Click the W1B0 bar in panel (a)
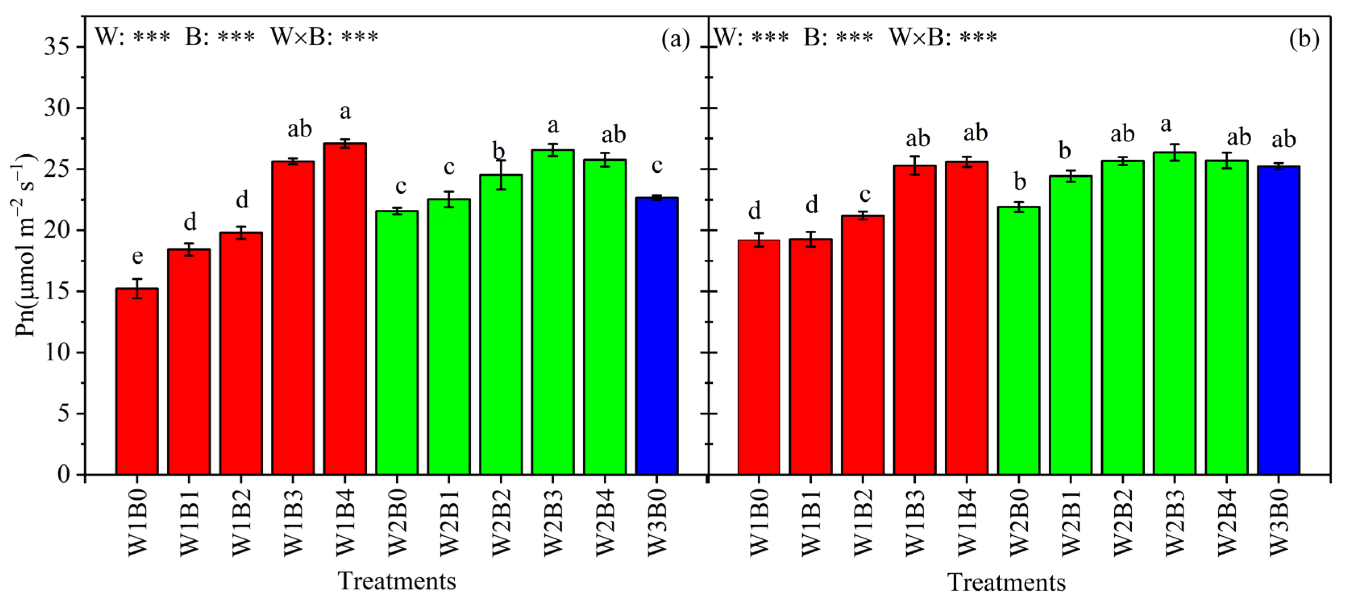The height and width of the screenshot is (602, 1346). click(137, 381)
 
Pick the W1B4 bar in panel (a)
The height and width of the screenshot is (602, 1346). click(345, 308)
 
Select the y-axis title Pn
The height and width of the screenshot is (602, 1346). click(25, 245)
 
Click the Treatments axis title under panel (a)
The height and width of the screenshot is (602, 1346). click(397, 581)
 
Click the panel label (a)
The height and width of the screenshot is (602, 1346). click(676, 39)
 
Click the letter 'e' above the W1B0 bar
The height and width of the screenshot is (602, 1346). click(137, 257)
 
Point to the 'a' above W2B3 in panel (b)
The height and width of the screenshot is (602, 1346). click(1165, 125)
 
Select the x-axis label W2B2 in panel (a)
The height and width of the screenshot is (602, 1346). click(501, 523)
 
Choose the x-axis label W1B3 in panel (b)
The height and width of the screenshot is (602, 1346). click(915, 523)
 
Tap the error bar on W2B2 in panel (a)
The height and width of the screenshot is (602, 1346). click(501, 175)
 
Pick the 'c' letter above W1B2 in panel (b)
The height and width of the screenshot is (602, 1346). click(865, 195)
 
